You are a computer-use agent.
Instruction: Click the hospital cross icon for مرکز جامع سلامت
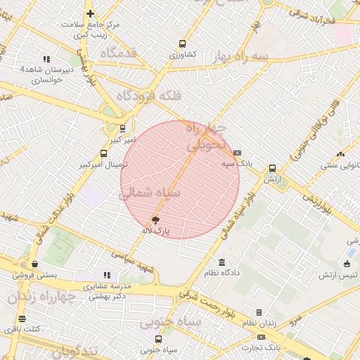point(90,13)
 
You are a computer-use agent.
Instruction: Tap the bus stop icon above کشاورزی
point(183,44)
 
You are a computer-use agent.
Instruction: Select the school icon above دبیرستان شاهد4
point(46,60)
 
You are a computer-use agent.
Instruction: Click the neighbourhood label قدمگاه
point(118,53)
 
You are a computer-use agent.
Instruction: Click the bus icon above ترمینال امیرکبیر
point(105,154)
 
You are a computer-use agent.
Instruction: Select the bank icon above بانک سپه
point(237,153)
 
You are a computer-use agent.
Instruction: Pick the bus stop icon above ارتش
point(272,169)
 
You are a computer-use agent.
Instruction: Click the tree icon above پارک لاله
point(155,220)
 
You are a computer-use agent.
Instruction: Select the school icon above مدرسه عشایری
point(107,275)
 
